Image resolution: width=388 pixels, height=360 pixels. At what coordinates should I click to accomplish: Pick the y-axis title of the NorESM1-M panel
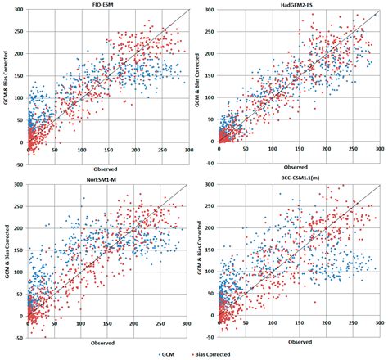(6, 254)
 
